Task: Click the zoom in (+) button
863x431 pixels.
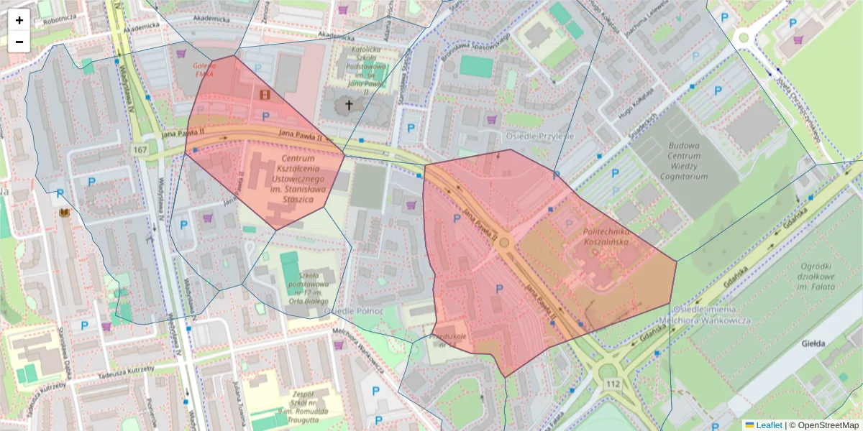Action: pos(19,20)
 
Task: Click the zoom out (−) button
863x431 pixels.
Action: pos(19,42)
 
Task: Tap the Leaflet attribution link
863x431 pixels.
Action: pos(767,425)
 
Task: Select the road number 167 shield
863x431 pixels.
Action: pos(140,149)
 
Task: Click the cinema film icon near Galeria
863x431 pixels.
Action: pos(266,94)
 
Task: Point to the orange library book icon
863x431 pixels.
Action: pos(64,213)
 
